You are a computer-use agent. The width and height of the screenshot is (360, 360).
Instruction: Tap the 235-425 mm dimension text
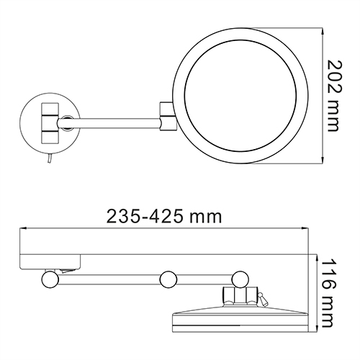pos(163,215)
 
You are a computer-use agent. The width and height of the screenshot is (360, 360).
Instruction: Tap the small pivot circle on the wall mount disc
pos(66,122)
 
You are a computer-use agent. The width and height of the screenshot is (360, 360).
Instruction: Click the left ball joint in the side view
pos(50,278)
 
